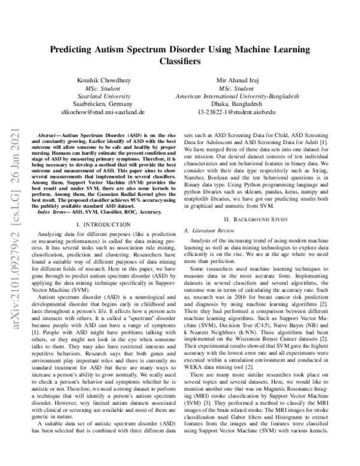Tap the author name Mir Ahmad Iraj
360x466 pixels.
(236, 80)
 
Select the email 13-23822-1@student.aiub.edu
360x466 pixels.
(236, 112)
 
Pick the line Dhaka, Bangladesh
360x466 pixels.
(236, 103)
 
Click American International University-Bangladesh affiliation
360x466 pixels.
(236, 95)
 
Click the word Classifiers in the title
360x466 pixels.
(179, 61)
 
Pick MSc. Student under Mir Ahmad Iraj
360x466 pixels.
(236, 88)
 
